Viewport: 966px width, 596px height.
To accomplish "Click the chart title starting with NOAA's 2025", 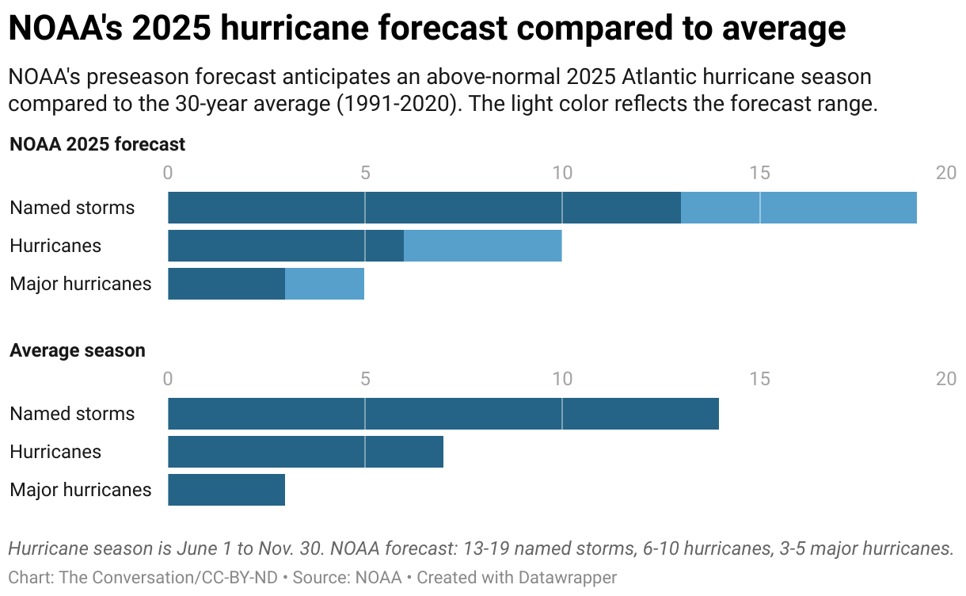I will [428, 29].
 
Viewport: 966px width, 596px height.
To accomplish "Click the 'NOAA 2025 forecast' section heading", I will [97, 144].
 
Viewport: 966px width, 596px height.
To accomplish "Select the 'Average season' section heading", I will [78, 350].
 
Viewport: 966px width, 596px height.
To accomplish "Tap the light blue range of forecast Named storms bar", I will [798, 208].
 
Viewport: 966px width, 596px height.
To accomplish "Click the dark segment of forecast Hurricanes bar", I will [286, 246].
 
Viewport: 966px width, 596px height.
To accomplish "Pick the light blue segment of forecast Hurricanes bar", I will [482, 246].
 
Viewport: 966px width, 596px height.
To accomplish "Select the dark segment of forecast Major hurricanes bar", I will [226, 284].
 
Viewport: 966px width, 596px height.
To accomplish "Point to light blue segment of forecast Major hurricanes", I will [325, 284].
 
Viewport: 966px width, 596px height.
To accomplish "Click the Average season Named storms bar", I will [443, 414].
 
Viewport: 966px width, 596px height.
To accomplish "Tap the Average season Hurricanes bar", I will [306, 452].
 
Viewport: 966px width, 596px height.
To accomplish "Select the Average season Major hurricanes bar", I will [226, 490].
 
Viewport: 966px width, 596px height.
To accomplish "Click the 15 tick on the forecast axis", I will [759, 173].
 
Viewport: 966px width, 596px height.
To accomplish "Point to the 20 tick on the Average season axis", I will [946, 379].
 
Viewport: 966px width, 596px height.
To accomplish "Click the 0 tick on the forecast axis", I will [168, 173].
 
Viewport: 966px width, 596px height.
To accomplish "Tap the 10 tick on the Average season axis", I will [562, 379].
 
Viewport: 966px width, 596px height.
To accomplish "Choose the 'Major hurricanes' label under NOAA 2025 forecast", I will [80, 284].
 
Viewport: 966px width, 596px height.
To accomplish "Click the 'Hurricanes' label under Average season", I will [55, 452].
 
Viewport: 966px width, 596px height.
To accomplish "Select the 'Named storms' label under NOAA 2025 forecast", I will [72, 208].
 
